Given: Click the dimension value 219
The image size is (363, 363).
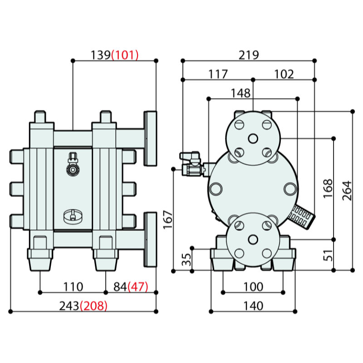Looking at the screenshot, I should (249, 55).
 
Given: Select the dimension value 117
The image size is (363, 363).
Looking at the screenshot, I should (218, 74).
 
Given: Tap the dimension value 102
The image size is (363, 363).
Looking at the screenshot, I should (284, 74).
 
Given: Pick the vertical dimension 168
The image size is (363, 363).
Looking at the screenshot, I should (328, 188).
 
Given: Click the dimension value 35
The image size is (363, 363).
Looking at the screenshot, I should (186, 260).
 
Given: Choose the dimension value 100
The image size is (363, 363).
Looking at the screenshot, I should (253, 287).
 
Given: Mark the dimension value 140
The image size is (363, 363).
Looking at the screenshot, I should (253, 306).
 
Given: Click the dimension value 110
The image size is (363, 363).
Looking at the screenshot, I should (73, 287).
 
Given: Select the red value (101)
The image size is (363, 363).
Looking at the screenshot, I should (124, 55).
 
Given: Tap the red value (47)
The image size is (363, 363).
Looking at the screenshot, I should (137, 287).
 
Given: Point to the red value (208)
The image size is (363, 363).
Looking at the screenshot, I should (93, 306).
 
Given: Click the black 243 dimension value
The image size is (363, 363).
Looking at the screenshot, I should (69, 306).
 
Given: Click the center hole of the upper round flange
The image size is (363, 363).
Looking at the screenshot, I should (253, 138).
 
